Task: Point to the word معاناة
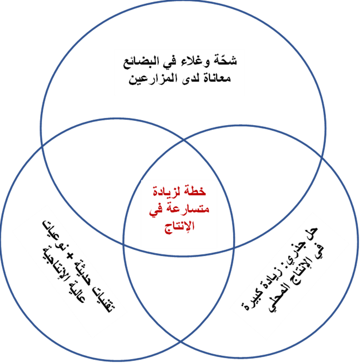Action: pos(217,78)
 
